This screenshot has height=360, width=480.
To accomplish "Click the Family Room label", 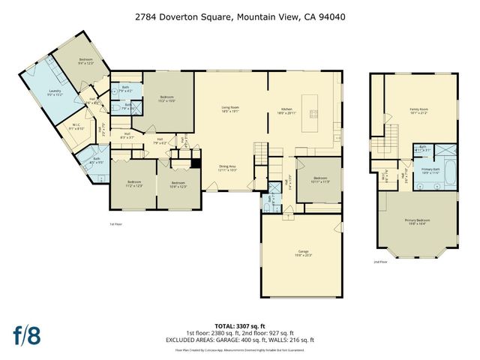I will [x=418, y=111].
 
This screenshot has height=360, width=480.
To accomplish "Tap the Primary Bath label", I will [x=430, y=170].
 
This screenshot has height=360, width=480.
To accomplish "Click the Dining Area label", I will [x=229, y=168].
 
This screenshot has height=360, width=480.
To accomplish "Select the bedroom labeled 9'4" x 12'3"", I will [x=86, y=61].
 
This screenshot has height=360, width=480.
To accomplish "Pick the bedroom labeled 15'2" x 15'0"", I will [x=166, y=98].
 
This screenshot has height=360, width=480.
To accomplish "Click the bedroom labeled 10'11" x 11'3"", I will [x=319, y=179].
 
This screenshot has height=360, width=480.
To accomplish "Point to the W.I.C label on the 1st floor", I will [x=76, y=127].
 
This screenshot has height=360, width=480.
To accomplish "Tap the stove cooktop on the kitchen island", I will [x=313, y=115].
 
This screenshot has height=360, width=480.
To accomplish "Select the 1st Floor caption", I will [x=116, y=223].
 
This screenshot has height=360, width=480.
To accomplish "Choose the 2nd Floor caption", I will [x=380, y=262].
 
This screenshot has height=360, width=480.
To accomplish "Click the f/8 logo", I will [x=28, y=334].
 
